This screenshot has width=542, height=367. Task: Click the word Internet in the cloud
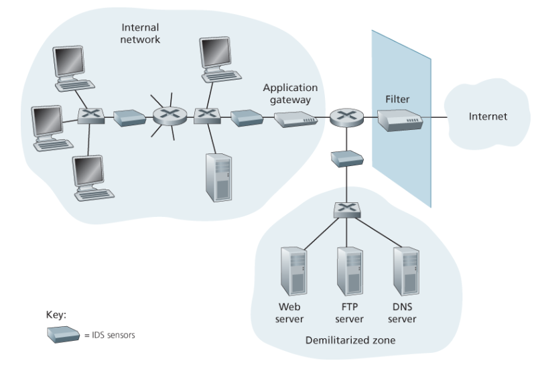pos(488,117)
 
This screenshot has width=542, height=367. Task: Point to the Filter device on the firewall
pos(400,120)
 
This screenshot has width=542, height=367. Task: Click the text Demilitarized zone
pos(350,340)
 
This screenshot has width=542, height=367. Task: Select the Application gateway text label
pos(290,93)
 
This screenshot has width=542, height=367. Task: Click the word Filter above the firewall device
pos(397,99)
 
